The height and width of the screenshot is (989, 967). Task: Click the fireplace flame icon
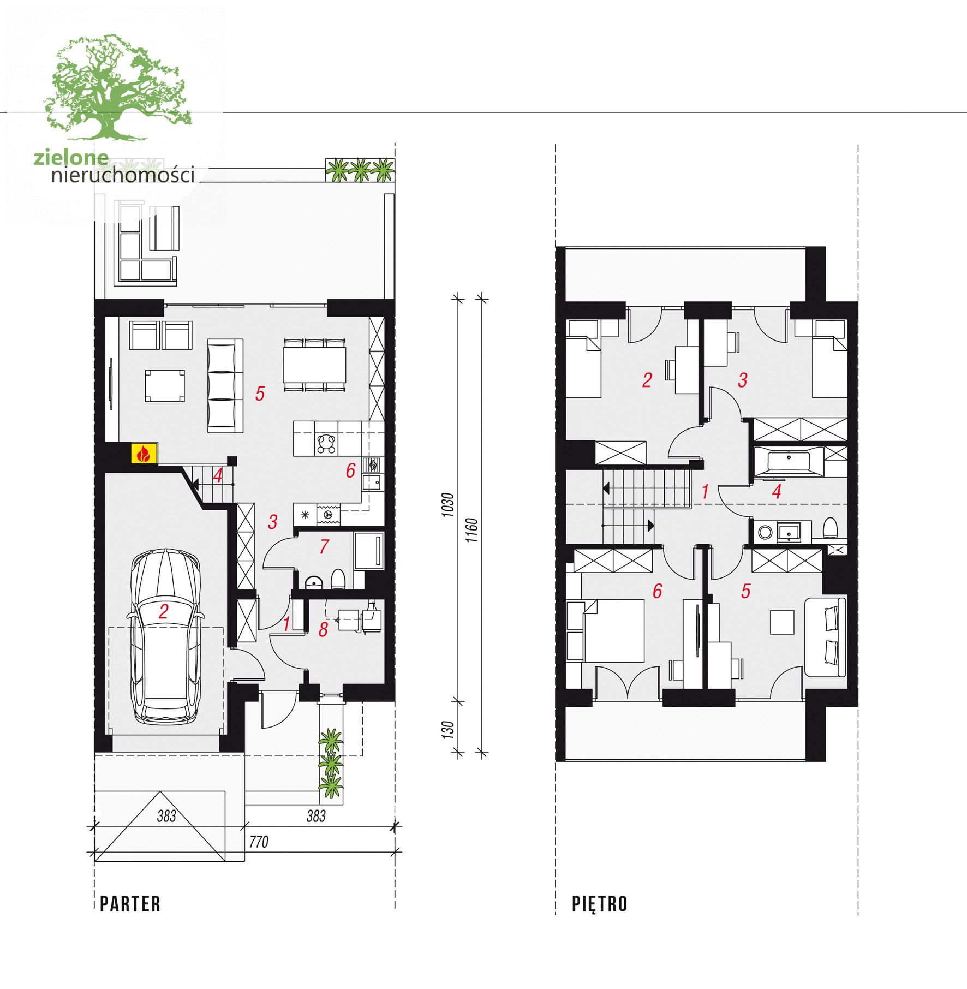144,454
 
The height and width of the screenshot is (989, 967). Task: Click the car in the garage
165,636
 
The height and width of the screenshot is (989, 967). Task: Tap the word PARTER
130,904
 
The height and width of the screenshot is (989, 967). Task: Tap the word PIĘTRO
600,904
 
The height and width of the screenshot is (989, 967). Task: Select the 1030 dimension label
447,505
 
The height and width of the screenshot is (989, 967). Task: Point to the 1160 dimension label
471,530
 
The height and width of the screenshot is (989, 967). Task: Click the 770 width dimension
259,842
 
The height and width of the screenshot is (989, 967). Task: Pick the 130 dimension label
447,730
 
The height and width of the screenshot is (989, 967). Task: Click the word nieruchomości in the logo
123,175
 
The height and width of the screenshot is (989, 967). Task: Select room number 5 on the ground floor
260,394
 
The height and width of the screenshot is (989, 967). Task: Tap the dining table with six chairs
314,365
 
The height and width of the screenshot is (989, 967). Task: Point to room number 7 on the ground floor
324,546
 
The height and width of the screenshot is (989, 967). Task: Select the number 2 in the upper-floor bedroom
647,380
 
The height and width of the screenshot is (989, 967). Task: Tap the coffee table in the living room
165,386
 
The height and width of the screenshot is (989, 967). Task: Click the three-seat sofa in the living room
225,386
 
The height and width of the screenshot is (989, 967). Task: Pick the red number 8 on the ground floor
323,630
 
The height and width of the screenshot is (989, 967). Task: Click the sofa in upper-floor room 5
826,637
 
